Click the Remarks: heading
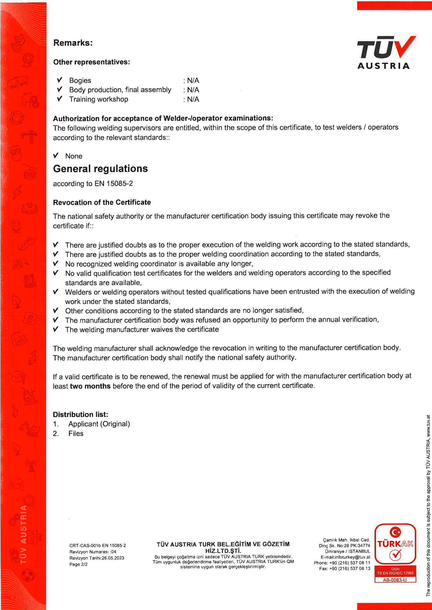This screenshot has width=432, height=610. pos(73,43)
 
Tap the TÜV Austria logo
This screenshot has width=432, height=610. pos(386,52)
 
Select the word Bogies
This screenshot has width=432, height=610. pos(80,80)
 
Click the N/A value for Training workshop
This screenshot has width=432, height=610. pos(193,99)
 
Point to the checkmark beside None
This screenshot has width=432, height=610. pos(56,156)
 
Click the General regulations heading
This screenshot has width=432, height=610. pos(100,169)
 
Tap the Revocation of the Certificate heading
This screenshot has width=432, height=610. pos(102,202)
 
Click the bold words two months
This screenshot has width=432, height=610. pos(90,386)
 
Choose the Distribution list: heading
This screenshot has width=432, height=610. pos(80,415)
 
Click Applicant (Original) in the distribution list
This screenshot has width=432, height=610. pos(99,424)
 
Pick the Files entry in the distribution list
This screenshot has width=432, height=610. pos(76,434)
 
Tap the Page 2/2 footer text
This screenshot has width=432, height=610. pos(78,564)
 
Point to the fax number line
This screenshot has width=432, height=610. pos(345,569)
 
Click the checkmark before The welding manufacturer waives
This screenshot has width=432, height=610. pos(56,330)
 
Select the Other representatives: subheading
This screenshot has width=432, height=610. pos(91,62)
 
